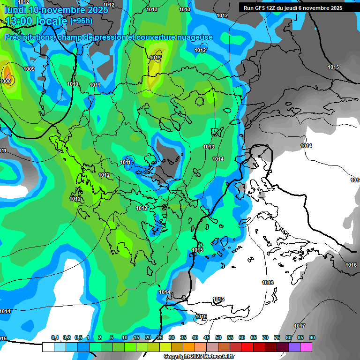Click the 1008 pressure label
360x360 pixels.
coord(6,81)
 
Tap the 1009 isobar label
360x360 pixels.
coord(29,69)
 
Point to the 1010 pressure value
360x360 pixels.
coord(73,84)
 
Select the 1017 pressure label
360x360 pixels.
coord(300,326)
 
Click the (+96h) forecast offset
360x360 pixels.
coord(81,21)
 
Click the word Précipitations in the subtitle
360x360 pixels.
coord(28,37)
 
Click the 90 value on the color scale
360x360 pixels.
coord(312,337)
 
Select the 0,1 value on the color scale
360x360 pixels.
coord(55,337)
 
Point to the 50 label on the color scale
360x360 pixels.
coord(218,337)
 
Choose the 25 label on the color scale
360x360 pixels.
coord(160,337)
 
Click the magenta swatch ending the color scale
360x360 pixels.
coord(306,347)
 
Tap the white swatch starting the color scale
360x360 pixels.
coord(48,347)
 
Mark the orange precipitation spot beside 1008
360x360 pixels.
coord(7,72)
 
